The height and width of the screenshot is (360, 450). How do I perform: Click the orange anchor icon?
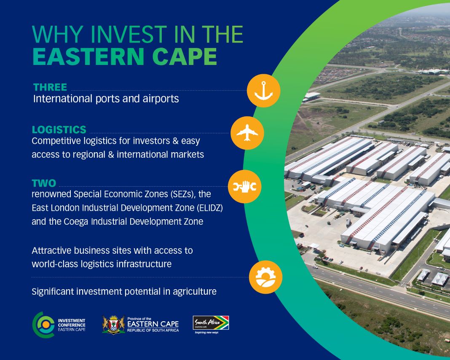tap(263, 91)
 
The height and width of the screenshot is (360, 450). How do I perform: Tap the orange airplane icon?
tap(247, 133)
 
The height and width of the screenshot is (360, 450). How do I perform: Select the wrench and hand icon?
tap(244, 187)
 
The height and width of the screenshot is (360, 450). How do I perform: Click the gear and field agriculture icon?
tap(265, 277)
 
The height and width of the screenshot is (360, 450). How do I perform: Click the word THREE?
tap(50, 87)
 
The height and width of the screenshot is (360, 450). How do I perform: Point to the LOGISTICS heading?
tap(59, 130)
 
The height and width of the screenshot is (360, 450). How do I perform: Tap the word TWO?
tap(44, 183)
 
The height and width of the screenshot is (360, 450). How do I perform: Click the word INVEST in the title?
tap(129, 35)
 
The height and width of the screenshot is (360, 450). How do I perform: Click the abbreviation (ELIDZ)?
tap(210, 208)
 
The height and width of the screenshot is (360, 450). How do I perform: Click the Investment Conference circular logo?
tap(43, 325)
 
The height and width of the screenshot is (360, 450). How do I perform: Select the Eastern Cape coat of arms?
tap(114, 325)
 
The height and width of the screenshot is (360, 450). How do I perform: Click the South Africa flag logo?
tap(211, 322)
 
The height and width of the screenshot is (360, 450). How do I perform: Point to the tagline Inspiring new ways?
tap(206, 333)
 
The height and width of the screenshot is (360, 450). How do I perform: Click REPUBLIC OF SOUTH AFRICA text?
tap(153, 330)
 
